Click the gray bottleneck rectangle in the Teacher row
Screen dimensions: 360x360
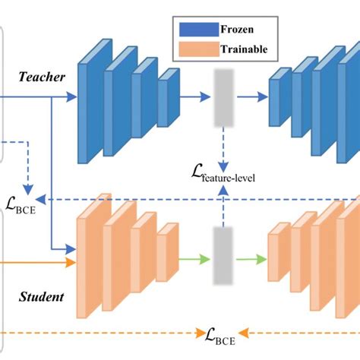pos(223,96)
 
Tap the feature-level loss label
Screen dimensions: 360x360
pos(223,176)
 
